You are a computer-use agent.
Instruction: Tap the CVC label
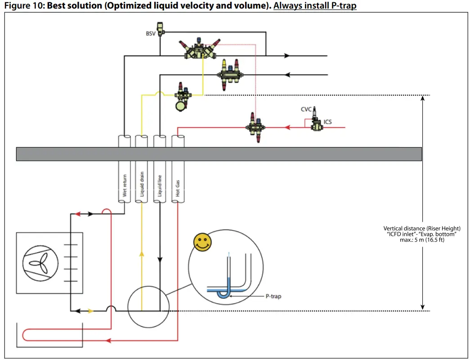[x=306, y=109]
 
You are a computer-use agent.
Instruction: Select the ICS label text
[x=328, y=122]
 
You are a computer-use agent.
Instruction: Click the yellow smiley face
[x=202, y=243]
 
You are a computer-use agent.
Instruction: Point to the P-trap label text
[x=273, y=297]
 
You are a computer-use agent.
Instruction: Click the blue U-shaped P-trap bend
[x=223, y=293]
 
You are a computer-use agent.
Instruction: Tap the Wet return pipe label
[x=124, y=185]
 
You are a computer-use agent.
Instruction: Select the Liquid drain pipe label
[x=142, y=185]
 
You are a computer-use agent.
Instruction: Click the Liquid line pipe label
[x=160, y=185]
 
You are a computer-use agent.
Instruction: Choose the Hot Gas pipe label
[x=178, y=185]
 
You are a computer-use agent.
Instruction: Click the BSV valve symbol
[x=160, y=28]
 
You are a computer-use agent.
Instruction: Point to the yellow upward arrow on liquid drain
[x=142, y=254]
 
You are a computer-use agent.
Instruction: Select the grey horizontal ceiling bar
[x=219, y=154]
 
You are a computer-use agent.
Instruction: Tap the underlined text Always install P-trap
[x=315, y=6]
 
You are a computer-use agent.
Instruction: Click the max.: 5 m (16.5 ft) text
[x=421, y=240]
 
